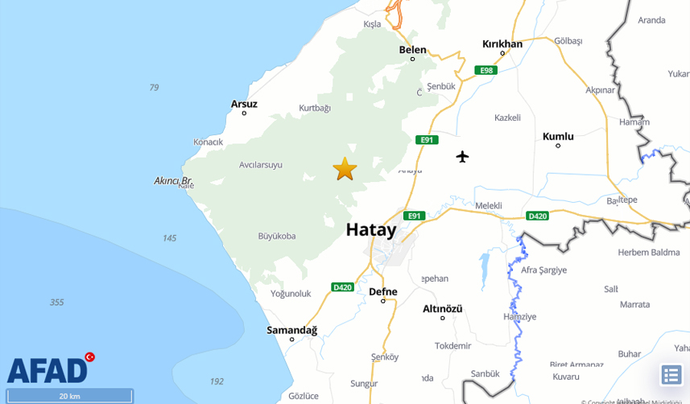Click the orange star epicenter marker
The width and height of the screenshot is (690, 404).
(x=345, y=169)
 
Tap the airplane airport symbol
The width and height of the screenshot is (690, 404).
(x=462, y=155)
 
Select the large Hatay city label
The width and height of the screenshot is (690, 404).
(x=371, y=230)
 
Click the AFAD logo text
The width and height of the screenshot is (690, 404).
(x=47, y=371)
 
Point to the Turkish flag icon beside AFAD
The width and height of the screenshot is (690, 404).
(x=89, y=357)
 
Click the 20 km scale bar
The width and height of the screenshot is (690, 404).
(x=68, y=396)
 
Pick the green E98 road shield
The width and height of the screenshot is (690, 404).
(x=485, y=71)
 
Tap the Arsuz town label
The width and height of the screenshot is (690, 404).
(x=244, y=104)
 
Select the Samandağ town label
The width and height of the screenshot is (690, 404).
(x=292, y=330)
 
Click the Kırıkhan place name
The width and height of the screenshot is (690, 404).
(x=502, y=44)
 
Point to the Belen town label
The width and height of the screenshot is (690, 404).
(x=413, y=50)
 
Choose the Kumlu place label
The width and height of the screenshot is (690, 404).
(x=558, y=137)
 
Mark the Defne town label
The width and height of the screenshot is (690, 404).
(x=383, y=292)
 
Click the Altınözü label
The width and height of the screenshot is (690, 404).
(x=443, y=308)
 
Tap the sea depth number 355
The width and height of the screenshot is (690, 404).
(x=56, y=303)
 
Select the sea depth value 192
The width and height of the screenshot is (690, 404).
(x=217, y=381)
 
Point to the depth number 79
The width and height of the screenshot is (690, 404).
(x=154, y=88)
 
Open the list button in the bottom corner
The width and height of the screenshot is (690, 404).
(x=671, y=375)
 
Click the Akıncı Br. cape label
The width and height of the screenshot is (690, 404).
(x=173, y=181)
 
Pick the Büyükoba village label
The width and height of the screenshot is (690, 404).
(x=277, y=236)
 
